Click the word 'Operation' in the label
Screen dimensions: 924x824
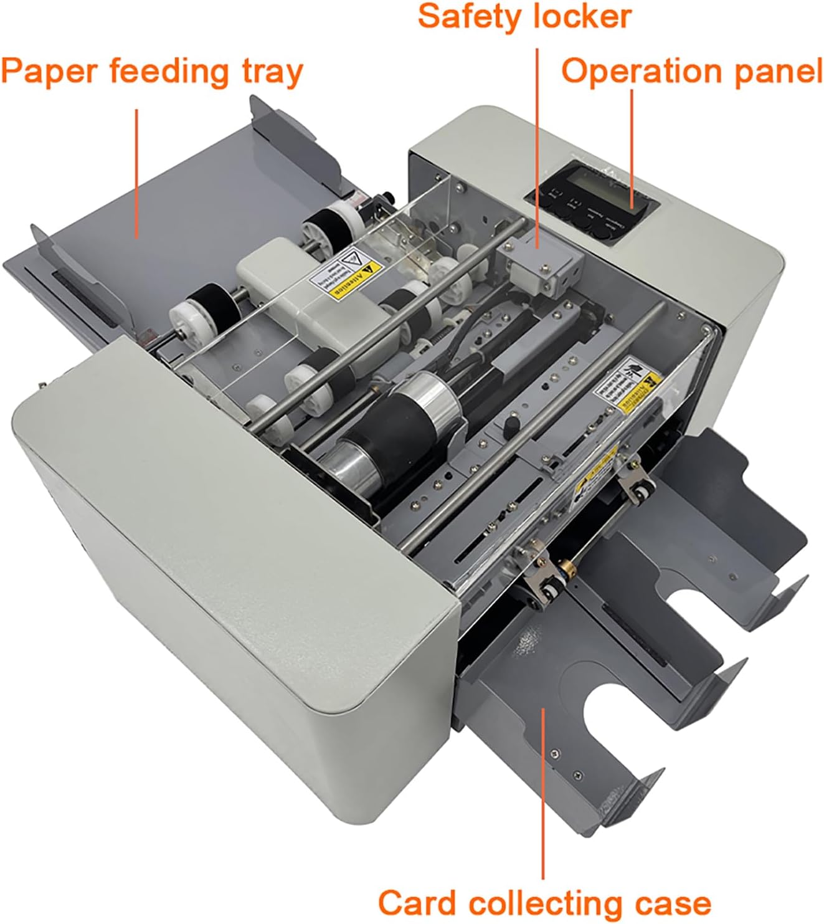643,72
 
